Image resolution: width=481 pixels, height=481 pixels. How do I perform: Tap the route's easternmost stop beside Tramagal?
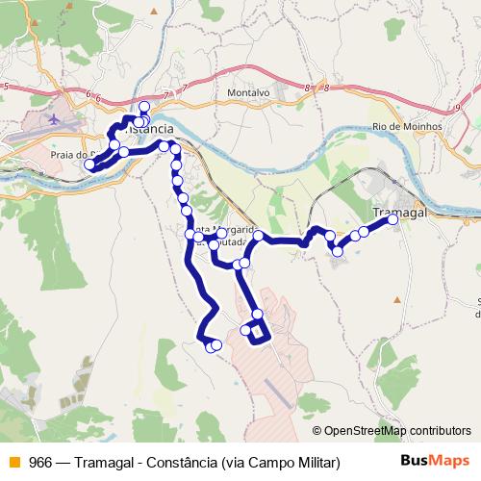click(392, 220)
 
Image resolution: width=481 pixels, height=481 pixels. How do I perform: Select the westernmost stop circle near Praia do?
click(90, 165)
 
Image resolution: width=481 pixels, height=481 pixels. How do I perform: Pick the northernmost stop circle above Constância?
click(144, 107)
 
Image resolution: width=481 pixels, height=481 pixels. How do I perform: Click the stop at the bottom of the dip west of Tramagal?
click(338, 251)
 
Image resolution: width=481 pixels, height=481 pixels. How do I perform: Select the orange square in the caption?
click(13, 461)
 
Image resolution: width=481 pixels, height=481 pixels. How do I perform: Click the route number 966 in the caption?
click(40, 461)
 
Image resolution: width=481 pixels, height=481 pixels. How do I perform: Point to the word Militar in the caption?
click(316, 461)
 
